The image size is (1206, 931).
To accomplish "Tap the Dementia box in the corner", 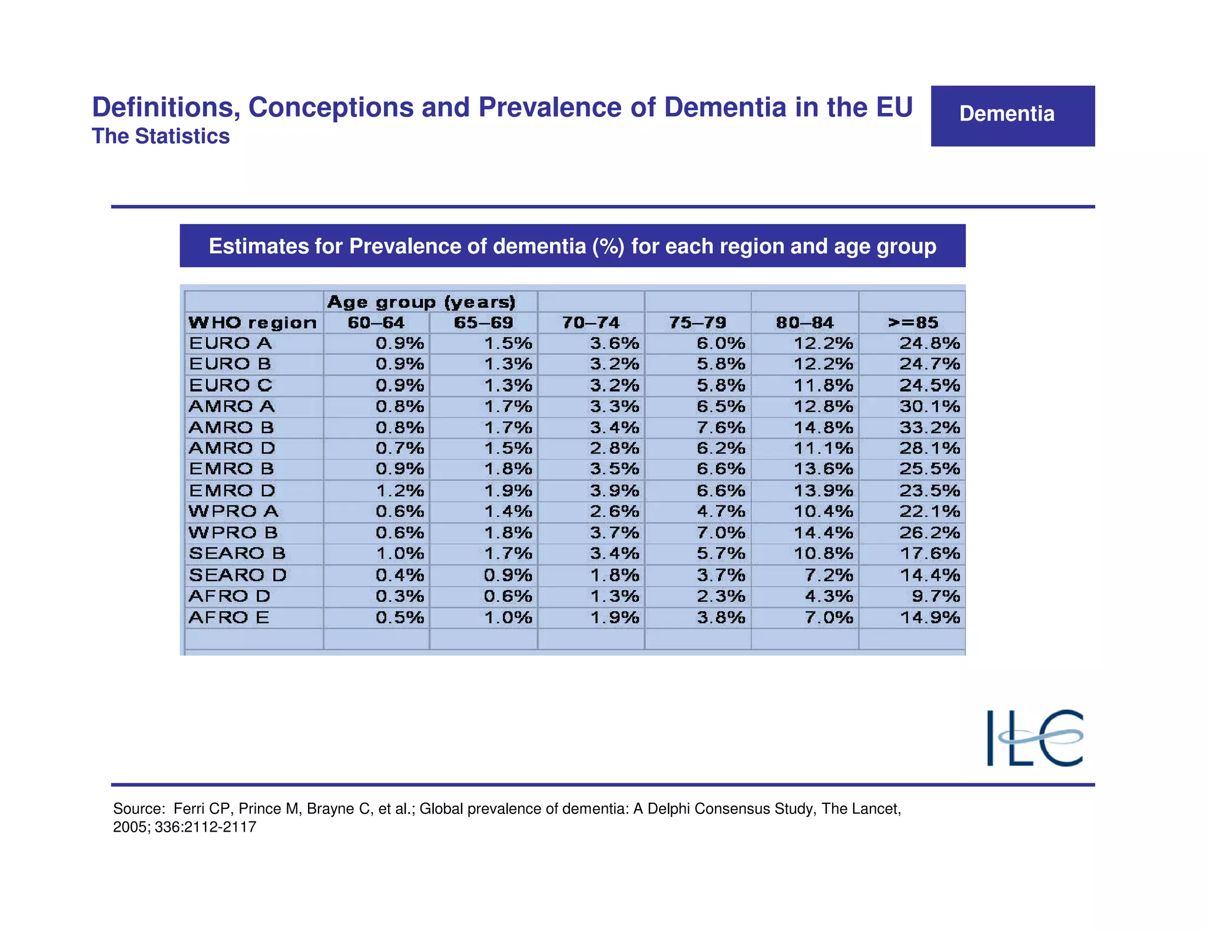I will (1012, 115).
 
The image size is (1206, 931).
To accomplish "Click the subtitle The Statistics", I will (161, 137).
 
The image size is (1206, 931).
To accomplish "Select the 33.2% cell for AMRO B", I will (929, 427).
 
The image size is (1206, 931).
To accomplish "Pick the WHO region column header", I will (252, 322).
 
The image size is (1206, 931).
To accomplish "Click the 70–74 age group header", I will (591, 322).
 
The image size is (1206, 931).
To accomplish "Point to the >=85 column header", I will (913, 322).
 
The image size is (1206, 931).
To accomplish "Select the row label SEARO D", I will (237, 575).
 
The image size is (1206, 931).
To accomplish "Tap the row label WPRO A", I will (233, 511).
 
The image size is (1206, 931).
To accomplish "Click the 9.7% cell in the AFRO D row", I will (936, 596).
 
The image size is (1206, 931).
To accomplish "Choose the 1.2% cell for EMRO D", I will (400, 490).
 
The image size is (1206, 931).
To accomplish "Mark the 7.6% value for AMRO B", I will (721, 427).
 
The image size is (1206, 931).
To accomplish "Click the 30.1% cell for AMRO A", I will (929, 406).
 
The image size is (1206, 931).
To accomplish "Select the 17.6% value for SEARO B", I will (930, 553).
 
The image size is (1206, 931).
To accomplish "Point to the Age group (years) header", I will (421, 302).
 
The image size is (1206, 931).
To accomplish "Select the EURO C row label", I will (230, 385).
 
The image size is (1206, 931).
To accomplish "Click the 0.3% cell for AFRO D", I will (400, 596).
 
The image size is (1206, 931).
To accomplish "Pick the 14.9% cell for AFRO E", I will (930, 617).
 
